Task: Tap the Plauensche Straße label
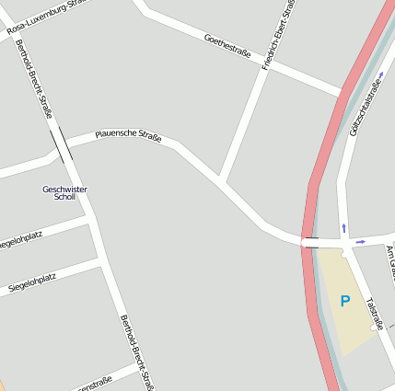pyautogui.click(x=128, y=137)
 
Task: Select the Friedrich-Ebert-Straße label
pyautogui.click(x=279, y=37)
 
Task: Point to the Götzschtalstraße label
pyautogui.click(x=365, y=108)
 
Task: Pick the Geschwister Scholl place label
pyautogui.click(x=64, y=192)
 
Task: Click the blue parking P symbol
pyautogui.click(x=345, y=301)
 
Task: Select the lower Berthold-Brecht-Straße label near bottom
pyautogui.click(x=136, y=351)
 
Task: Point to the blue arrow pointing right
pyautogui.click(x=360, y=242)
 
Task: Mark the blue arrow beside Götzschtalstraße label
pyautogui.click(x=380, y=75)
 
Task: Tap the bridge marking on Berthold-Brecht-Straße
pyautogui.click(x=62, y=145)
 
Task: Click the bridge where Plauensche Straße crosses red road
pyautogui.click(x=311, y=243)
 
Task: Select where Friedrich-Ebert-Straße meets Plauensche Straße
pyautogui.click(x=221, y=180)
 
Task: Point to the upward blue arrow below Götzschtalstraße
pyautogui.click(x=344, y=226)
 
